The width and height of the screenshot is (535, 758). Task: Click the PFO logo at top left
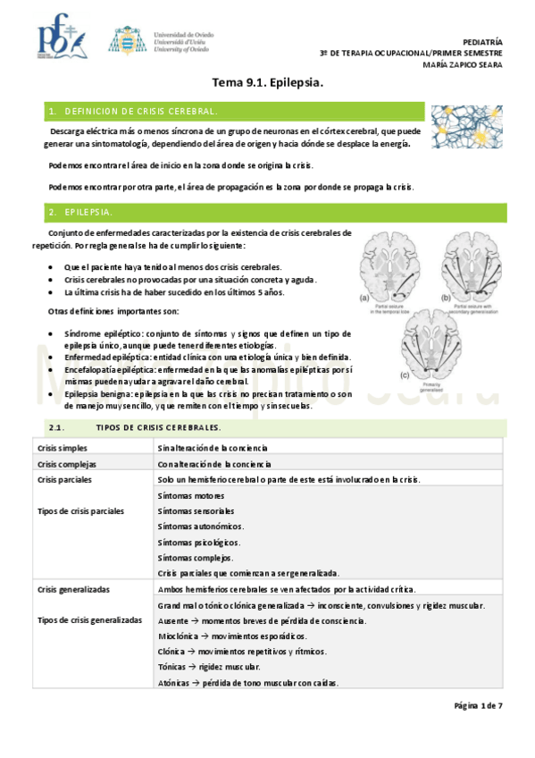pos(61,38)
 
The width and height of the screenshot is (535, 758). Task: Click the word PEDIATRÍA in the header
pos(484,42)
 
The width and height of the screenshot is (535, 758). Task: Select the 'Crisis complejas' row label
pos(66,464)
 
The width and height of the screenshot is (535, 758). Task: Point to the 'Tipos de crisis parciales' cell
pos(80,511)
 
